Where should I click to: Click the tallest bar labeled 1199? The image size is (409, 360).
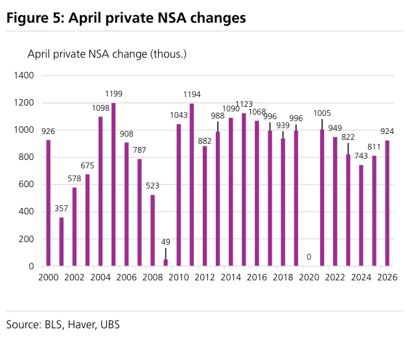113,185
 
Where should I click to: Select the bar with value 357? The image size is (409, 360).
62,242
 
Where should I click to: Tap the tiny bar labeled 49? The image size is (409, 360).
166,263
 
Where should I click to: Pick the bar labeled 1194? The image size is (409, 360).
192,185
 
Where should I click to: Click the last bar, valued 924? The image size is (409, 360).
388,203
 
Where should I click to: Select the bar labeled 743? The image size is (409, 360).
361,216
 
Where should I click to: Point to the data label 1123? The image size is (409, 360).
244,104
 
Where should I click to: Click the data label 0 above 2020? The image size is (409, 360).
309,257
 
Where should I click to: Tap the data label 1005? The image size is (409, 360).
322,113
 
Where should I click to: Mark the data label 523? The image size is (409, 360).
152,186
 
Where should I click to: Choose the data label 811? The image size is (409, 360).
374,147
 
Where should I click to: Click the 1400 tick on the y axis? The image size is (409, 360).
24,76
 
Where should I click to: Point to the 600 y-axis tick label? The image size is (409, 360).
27,185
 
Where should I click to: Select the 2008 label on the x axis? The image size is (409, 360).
152,277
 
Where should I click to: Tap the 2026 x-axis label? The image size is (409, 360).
388,277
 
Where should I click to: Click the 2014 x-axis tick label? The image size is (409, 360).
231,277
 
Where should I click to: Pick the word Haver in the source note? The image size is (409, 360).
81,325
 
